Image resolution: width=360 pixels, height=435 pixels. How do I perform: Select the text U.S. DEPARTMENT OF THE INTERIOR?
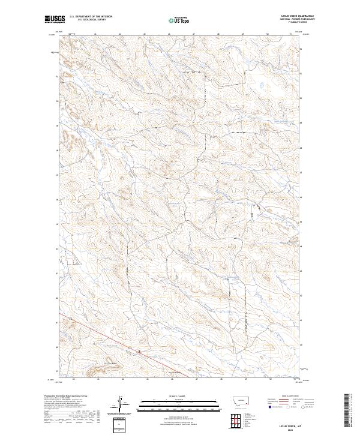coord(91,17)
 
